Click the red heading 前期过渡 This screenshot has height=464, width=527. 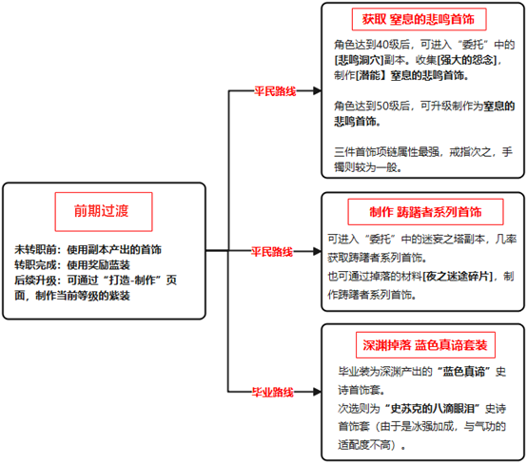click(102, 211)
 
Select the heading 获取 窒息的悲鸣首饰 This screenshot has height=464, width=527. click(419, 19)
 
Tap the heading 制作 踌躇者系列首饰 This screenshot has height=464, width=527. click(425, 212)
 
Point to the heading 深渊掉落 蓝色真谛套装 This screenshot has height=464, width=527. click(425, 345)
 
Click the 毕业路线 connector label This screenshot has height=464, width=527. click(273, 392)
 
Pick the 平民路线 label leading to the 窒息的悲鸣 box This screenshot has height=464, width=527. click(275, 91)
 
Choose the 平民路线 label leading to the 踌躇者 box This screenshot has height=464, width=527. click(272, 251)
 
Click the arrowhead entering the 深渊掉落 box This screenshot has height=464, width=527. click(317, 392)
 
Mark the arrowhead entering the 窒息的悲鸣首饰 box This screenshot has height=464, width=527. click(317, 90)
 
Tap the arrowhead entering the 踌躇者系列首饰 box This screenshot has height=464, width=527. click(317, 251)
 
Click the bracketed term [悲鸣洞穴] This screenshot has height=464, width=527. click(359, 60)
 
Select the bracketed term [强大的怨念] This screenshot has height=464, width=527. click(467, 60)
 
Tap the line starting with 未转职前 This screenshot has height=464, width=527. click(88, 249)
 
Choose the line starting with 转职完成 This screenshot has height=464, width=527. click(72, 264)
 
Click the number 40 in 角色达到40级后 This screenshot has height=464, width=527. click(381, 45)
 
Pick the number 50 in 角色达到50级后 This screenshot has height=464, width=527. click(381, 106)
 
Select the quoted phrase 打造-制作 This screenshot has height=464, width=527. click(125, 280)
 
